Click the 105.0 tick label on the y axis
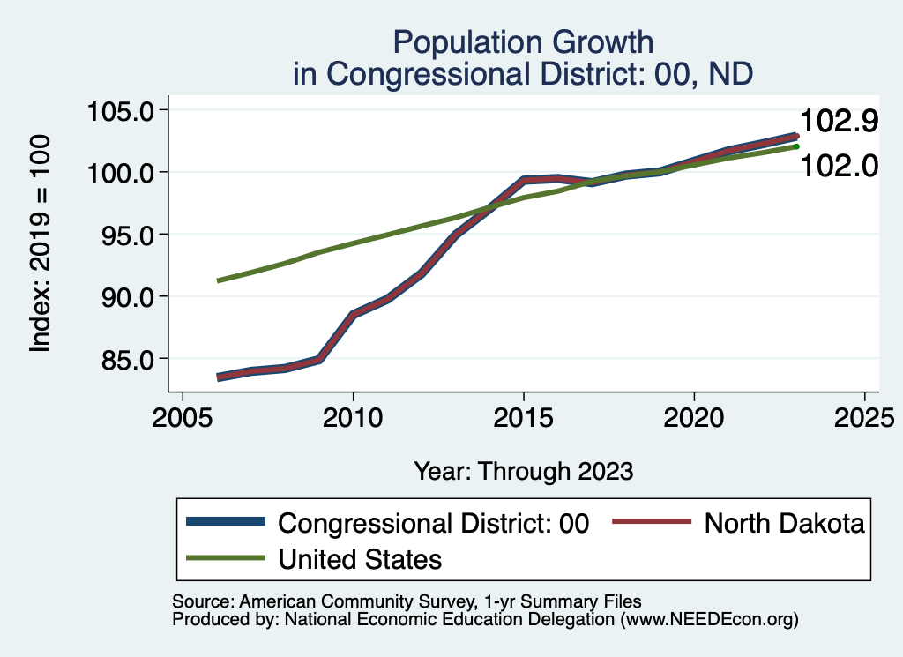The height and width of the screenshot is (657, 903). pos(122,111)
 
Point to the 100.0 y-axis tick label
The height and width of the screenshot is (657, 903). pos(122,173)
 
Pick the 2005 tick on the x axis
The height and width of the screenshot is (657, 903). pos(182,416)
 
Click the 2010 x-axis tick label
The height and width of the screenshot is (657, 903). pos(353,416)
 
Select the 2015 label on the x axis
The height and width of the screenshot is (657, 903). pos(524,416)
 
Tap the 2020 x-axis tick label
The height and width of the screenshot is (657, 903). pos(695,416)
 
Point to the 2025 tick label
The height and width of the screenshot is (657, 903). pos(865,416)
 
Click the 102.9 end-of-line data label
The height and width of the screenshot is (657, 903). pos(839,122)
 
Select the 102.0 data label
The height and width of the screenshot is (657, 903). pos(839,165)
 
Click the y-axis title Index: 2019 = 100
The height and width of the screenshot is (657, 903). pos(41,243)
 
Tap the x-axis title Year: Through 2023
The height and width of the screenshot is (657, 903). pos(524,471)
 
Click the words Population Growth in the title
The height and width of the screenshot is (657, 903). pos(524,41)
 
